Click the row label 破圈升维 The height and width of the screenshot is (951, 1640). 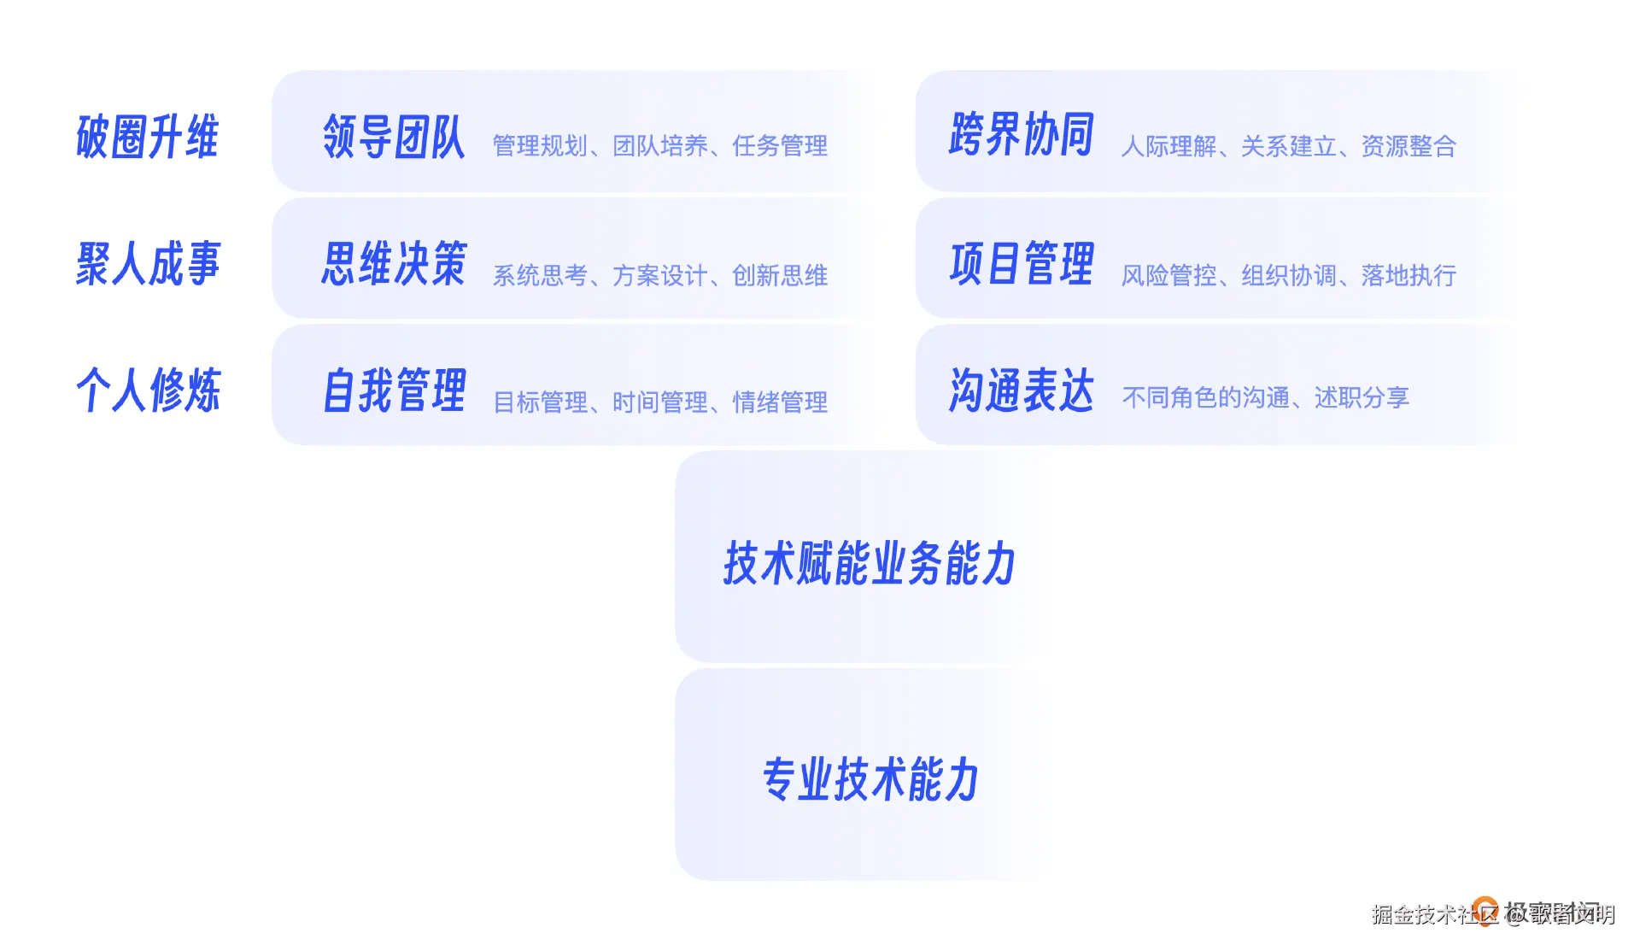tap(148, 137)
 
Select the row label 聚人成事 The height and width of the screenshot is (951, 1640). tap(148, 263)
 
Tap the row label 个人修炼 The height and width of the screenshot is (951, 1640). tap(148, 390)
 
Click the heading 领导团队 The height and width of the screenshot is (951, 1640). tap(394, 137)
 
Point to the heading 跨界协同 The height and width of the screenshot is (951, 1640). tap(1021, 135)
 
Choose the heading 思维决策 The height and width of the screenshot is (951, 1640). tap(394, 263)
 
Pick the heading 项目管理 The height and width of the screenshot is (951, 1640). tap(1021, 263)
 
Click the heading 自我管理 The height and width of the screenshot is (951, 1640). tap(394, 390)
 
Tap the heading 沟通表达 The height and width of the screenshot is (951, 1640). tap(1021, 390)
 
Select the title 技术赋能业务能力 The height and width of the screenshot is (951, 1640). tap(870, 564)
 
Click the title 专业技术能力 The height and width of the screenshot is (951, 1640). tap(870, 779)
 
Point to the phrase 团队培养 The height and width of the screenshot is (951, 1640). tap(660, 146)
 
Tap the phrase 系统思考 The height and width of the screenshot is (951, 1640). tap(540, 276)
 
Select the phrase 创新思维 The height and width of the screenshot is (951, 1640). tap(780, 276)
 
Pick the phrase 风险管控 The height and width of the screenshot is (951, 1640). tap(1168, 276)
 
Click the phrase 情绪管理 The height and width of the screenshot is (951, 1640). tap(780, 402)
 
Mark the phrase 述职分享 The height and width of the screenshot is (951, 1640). tap(1362, 397)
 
